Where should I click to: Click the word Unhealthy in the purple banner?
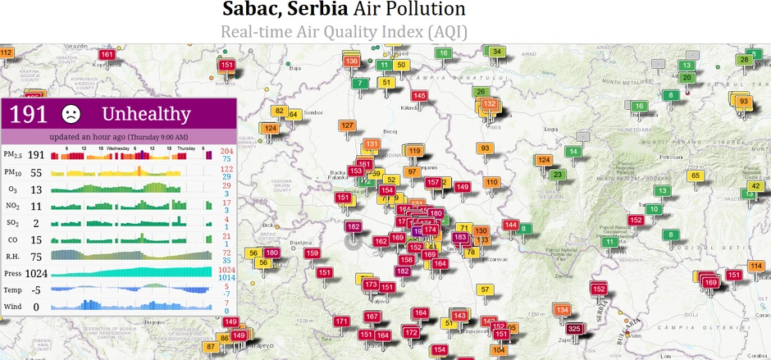[145, 114]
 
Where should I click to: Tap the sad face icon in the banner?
[71, 113]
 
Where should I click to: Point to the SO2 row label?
[13, 222]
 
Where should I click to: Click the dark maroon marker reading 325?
[575, 329]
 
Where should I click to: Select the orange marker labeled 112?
[6, 53]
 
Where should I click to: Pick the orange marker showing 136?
[352, 61]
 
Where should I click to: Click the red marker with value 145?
[419, 96]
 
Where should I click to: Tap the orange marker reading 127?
[348, 125]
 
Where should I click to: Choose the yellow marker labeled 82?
[280, 111]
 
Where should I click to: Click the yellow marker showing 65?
[695, 175]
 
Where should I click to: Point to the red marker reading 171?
[342, 321]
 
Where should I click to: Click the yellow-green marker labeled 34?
[496, 52]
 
